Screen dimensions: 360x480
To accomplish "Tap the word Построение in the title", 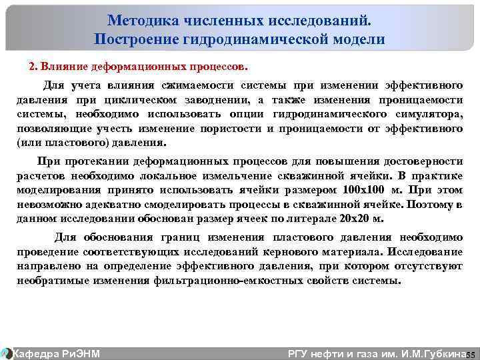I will click(x=137, y=39).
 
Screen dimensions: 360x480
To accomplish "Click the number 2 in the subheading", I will click(x=31, y=67).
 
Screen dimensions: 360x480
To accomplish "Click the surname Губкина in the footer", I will click(x=441, y=353).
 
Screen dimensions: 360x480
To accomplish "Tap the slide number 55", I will click(x=470, y=353).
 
